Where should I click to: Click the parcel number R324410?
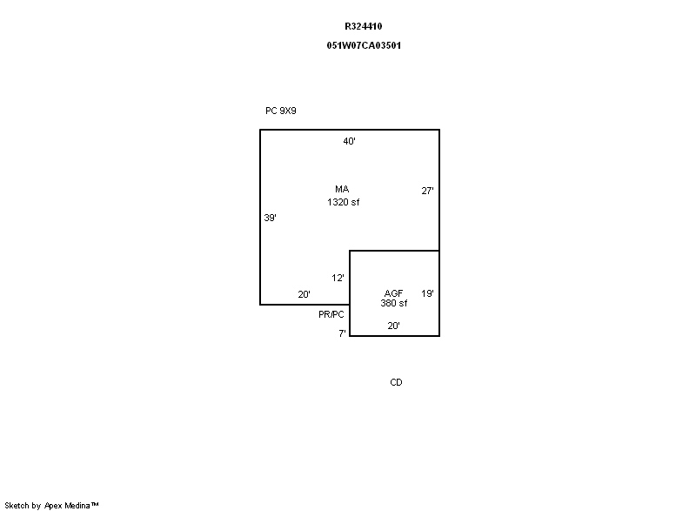tap(363, 27)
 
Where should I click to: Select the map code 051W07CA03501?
tap(364, 46)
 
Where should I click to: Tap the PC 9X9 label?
tap(280, 111)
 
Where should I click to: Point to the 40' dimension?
tap(350, 141)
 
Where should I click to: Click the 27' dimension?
tap(427, 191)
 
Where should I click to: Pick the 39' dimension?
tap(270, 218)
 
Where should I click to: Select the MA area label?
tap(342, 189)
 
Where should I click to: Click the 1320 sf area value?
tap(343, 203)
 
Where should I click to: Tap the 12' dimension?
tap(338, 279)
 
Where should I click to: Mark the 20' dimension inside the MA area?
tap(304, 294)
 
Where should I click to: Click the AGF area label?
tap(393, 293)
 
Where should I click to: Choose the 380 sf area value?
tap(394, 303)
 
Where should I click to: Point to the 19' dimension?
tap(427, 293)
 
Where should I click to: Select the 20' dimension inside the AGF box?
tap(394, 326)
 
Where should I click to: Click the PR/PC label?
tap(331, 315)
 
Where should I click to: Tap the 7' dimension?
tap(342, 333)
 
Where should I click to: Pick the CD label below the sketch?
tap(396, 383)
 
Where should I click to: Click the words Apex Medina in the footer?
tap(68, 506)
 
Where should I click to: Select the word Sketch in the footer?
tap(17, 506)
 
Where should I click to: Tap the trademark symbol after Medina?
tap(95, 504)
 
